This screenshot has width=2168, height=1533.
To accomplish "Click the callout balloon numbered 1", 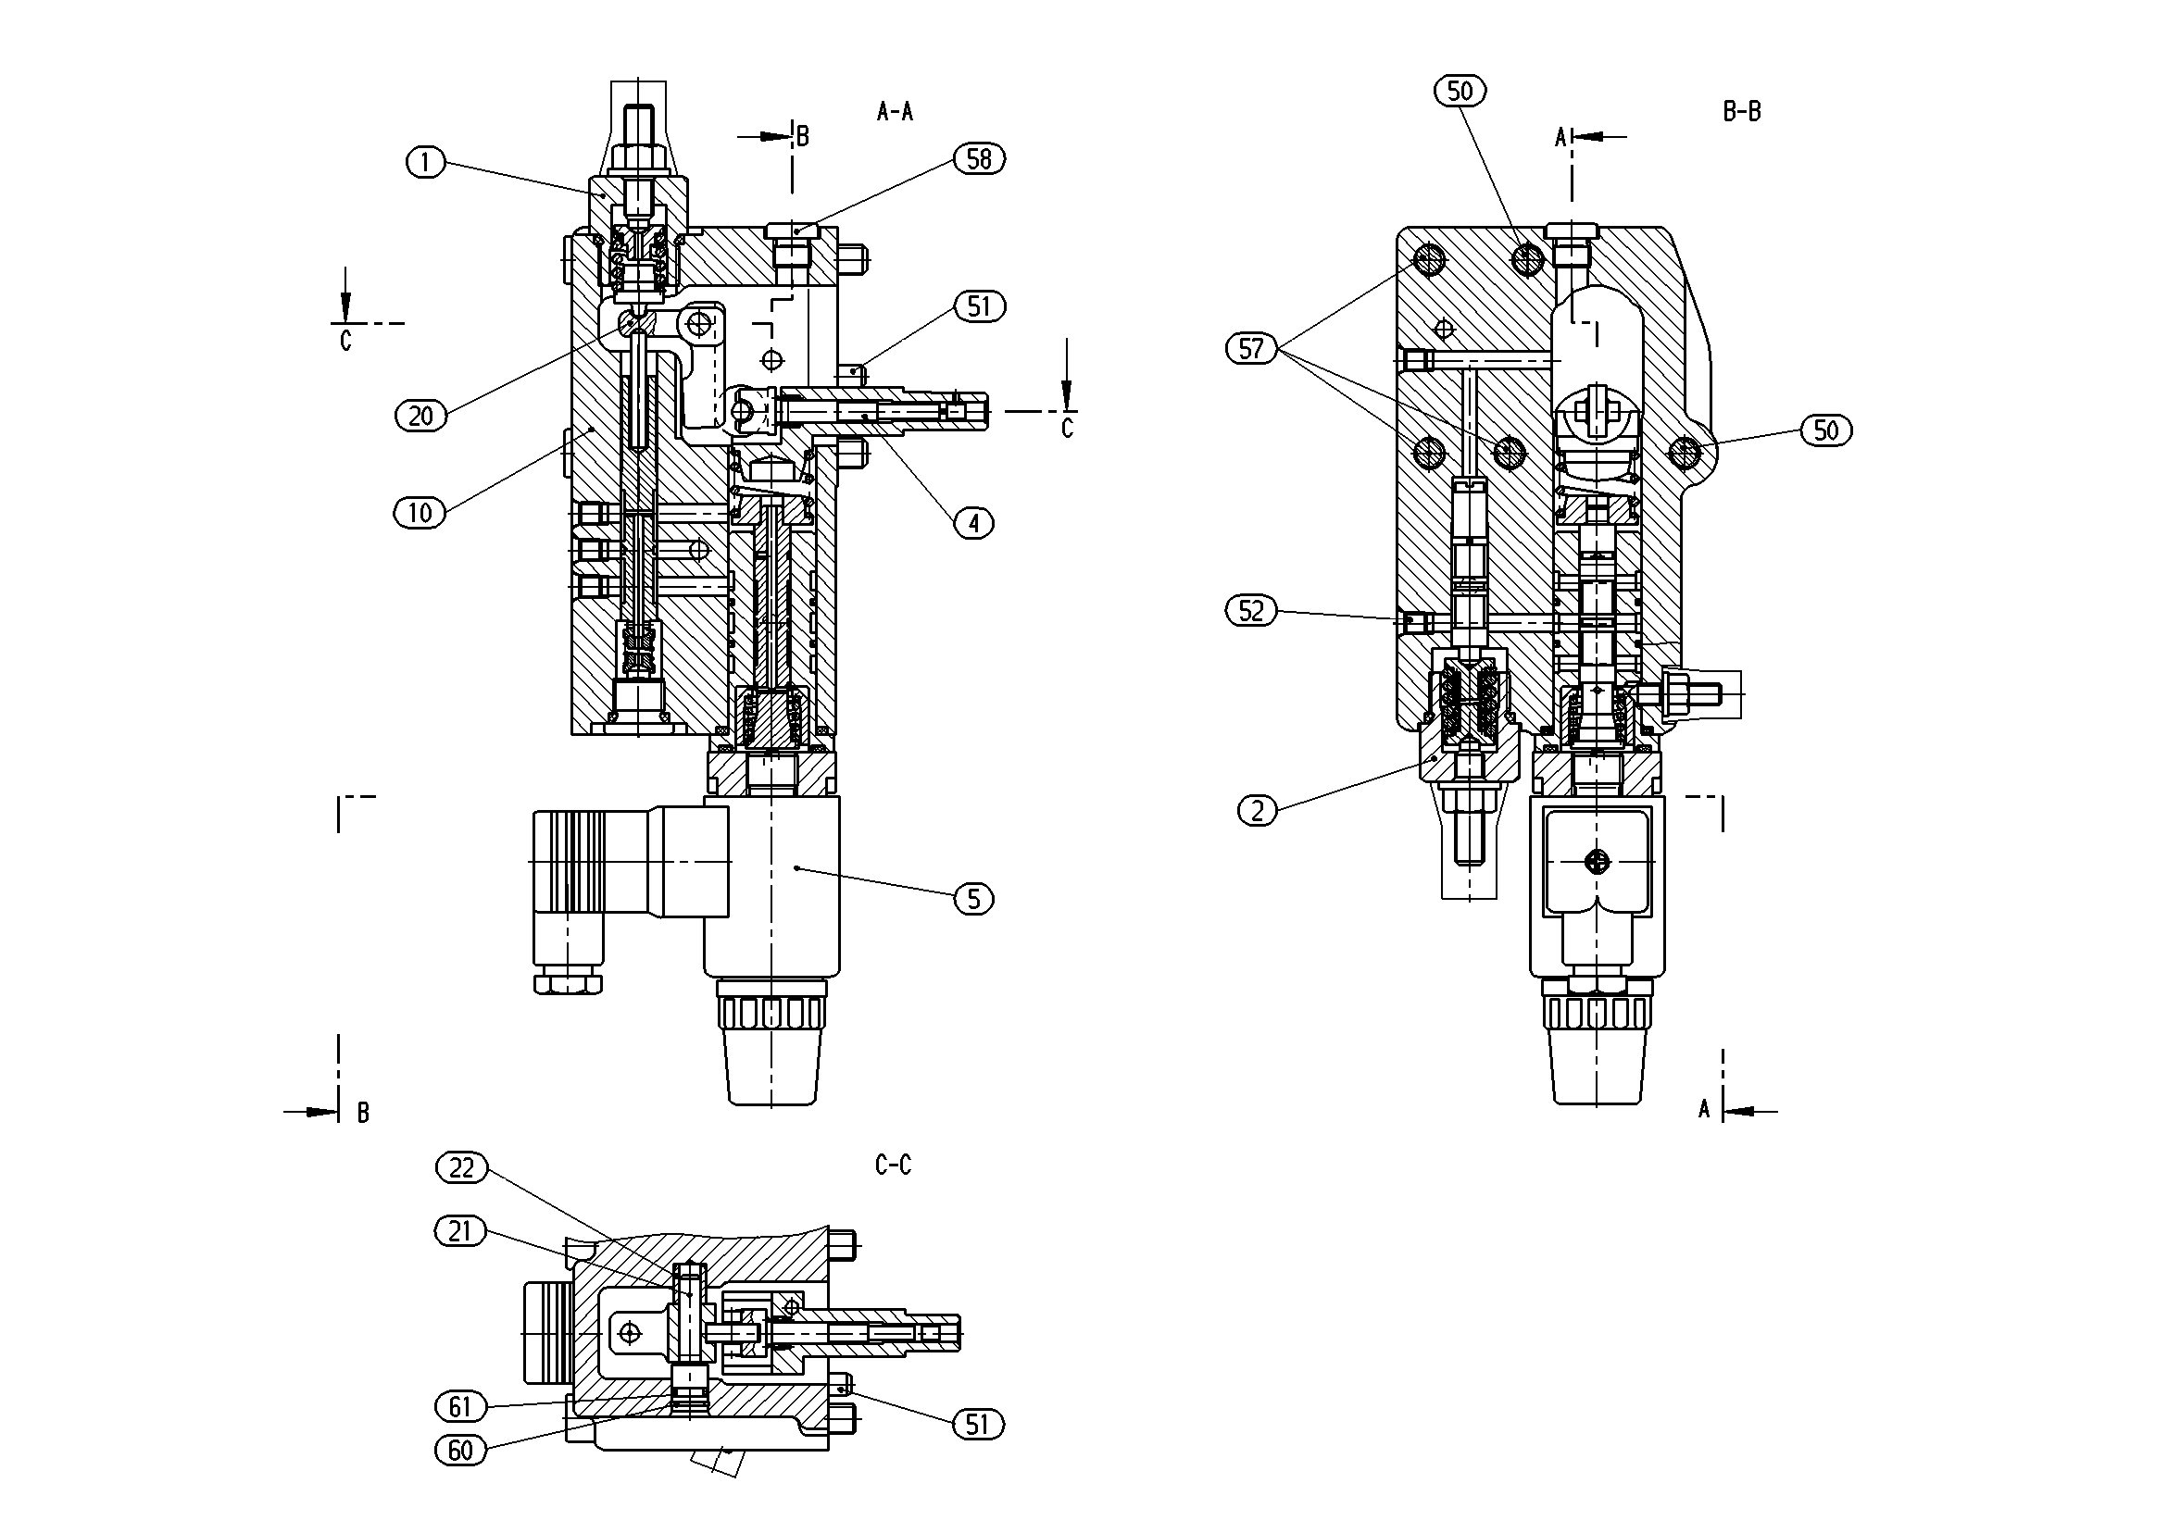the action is pos(425,162).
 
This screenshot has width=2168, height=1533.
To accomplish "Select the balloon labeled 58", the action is pos(979,158).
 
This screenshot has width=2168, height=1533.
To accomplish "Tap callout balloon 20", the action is pos(421,416).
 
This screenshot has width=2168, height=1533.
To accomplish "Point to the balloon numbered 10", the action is pos(420,513).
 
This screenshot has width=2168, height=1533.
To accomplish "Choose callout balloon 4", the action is pos(974,522).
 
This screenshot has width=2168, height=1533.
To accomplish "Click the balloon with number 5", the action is pos(974,899).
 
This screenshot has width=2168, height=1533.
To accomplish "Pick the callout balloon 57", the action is pos(1251,349).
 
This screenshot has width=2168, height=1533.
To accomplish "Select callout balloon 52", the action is pos(1251,611).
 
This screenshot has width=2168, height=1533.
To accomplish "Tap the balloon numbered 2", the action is pos(1257,811).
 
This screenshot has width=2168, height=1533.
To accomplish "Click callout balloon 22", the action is pos(462,1168).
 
